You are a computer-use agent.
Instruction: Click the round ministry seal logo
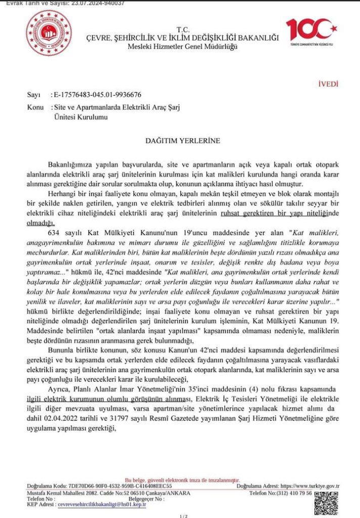[x=49, y=32]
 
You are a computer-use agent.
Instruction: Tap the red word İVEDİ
[x=328, y=84]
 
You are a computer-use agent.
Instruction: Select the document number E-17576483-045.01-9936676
[x=98, y=95]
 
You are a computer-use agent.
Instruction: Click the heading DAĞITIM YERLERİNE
[x=183, y=141]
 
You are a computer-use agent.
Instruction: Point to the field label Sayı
[x=33, y=95]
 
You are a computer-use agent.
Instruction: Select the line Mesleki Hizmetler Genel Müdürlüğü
[x=183, y=47]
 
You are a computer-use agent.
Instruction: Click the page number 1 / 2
[x=183, y=516]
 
